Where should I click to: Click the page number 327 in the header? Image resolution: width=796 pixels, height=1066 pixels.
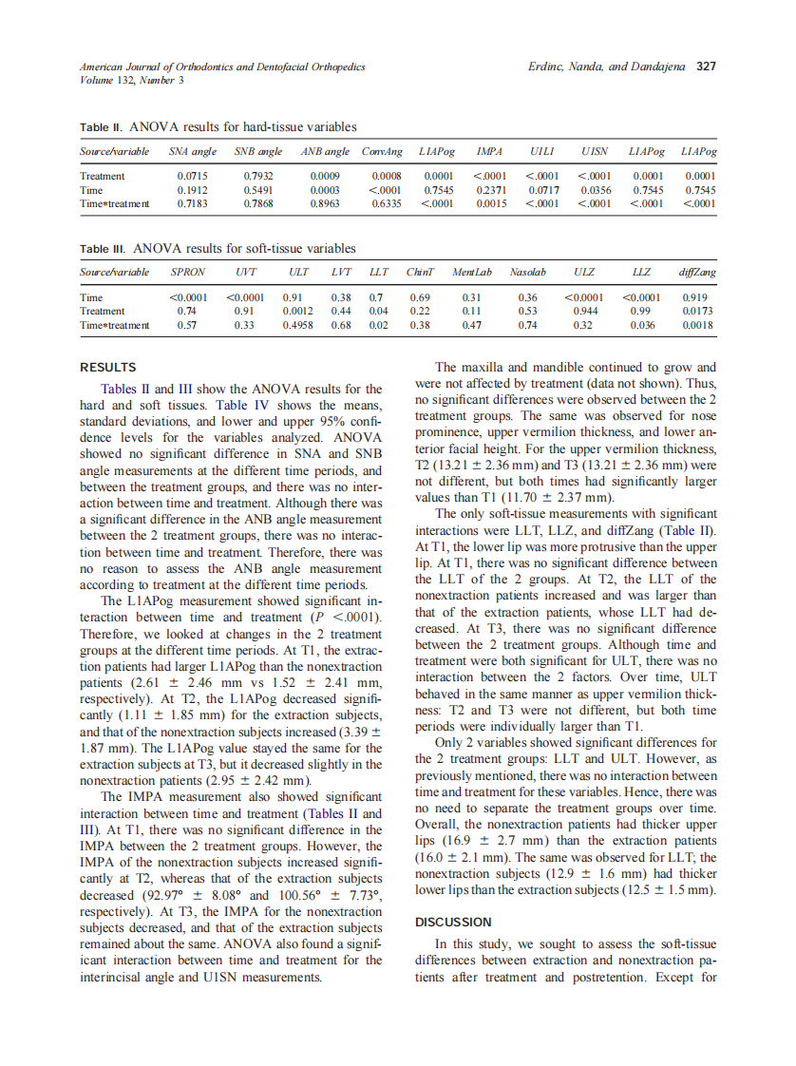[x=706, y=67]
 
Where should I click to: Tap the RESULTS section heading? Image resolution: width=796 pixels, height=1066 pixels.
[x=107, y=367]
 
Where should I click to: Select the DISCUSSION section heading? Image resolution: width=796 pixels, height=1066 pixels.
[x=453, y=922]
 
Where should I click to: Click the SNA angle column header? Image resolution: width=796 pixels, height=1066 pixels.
[x=192, y=152]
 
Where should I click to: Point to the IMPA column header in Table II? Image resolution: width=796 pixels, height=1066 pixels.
[x=489, y=152]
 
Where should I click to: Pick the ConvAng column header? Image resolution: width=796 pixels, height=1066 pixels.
[x=382, y=152]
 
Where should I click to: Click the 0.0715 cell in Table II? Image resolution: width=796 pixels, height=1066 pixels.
[x=193, y=176]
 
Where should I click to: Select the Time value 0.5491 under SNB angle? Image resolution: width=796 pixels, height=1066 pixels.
[x=257, y=189]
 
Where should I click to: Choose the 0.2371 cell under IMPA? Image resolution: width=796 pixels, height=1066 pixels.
[x=491, y=189]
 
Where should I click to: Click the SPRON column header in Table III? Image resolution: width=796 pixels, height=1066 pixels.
[x=186, y=273]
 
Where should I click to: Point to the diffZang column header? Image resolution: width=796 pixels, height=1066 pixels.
[x=698, y=273]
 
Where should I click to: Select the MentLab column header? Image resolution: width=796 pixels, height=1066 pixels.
[x=472, y=273]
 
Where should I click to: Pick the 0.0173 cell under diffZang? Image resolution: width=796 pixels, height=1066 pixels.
[x=698, y=311]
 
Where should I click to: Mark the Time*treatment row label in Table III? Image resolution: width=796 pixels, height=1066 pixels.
[x=115, y=325]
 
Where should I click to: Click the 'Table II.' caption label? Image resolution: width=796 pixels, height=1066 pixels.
[x=101, y=126]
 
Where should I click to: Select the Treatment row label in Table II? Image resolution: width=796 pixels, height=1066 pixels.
[x=103, y=176]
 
